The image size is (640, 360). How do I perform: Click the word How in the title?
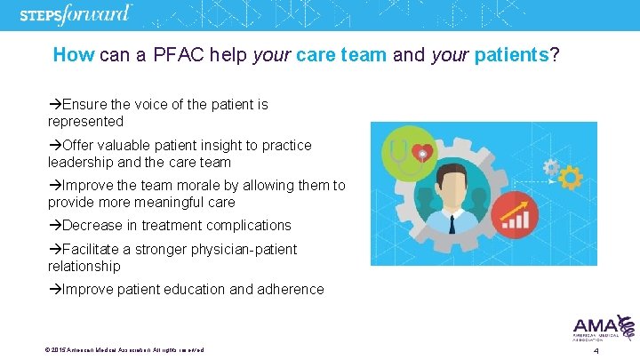[x=74, y=55]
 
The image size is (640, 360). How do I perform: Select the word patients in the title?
[x=508, y=55]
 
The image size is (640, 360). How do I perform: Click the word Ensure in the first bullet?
[x=84, y=105]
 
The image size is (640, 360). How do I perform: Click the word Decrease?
[x=93, y=226]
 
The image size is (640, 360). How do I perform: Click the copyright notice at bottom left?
[x=124, y=350]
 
